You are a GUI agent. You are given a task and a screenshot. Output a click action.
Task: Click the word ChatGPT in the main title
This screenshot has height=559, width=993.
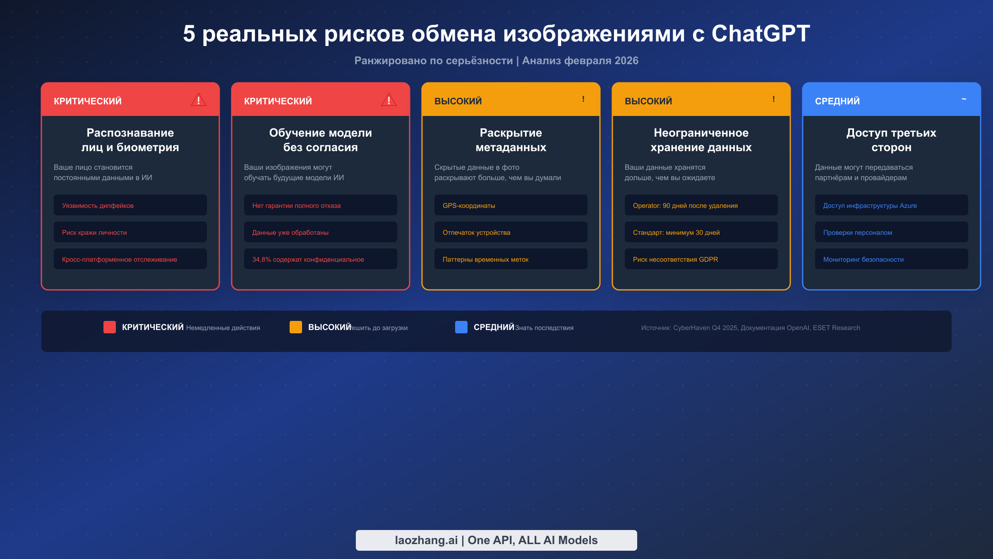point(760,34)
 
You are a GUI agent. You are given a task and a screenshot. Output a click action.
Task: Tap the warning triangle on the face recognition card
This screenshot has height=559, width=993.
point(199,100)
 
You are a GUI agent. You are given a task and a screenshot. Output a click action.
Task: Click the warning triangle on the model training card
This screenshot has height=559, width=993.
point(389,100)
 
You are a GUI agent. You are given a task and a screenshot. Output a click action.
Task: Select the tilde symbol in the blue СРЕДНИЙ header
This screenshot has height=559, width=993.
point(964,99)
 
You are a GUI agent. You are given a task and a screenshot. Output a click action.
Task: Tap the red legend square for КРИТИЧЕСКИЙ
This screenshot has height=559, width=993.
point(110,327)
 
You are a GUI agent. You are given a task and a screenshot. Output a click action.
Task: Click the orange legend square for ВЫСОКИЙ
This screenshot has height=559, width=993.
point(296,327)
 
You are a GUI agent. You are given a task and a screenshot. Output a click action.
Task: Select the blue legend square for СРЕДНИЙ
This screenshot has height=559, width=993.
point(461,327)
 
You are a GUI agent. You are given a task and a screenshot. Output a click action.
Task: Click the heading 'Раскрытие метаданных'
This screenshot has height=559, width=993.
point(511,140)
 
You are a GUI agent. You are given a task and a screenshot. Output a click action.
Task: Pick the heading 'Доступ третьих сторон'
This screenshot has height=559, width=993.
point(891,140)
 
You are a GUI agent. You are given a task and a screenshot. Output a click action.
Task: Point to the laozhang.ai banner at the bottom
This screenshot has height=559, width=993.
point(496,540)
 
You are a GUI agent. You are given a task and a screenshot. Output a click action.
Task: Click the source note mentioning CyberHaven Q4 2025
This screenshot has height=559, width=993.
point(751,328)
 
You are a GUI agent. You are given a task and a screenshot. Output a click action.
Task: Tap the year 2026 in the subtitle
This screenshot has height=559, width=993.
point(626,60)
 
